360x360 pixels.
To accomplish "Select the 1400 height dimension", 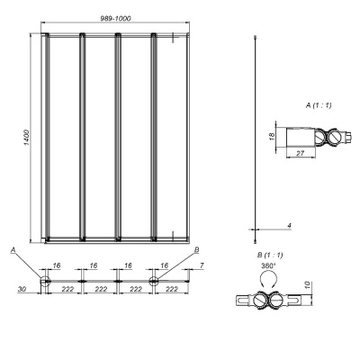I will point(26,137).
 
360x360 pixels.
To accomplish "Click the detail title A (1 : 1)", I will point(319,106).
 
